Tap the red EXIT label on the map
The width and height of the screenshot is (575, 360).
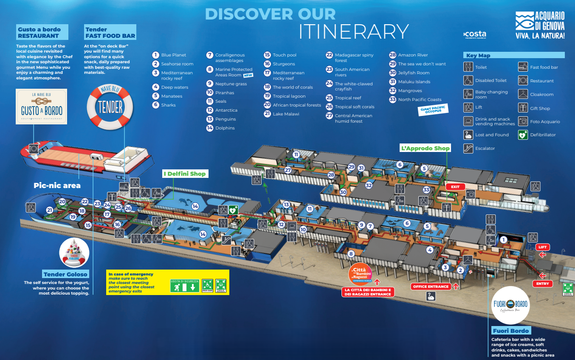coord(455,187)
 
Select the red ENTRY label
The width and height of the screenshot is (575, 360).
coord(542,284)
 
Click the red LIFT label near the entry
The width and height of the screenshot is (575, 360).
coord(542,247)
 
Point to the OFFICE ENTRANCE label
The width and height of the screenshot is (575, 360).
coord(431,287)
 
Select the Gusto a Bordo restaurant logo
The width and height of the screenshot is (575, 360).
coord(42,107)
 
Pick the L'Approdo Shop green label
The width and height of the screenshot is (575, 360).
coord(425,148)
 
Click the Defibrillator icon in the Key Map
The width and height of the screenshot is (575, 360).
coord(523,135)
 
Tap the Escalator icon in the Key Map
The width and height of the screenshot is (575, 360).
coord(468,149)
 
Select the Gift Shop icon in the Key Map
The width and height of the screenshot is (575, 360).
coord(523,108)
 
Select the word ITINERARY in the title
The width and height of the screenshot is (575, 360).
coord(353,31)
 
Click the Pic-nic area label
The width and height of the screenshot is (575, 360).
coord(57,186)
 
